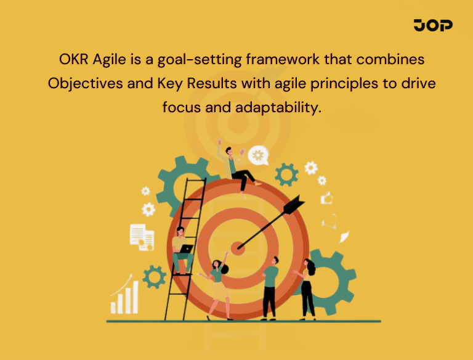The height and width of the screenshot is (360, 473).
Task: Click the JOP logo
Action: pos(433,25)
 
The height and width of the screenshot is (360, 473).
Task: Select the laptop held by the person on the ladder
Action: pos(186,249)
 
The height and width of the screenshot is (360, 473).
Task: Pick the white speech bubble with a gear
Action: pos(259,155)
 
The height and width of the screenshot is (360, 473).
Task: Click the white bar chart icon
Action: pos(124,298)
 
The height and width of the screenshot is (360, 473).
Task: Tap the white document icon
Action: pos(141,237)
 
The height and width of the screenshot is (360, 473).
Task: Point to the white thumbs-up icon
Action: pos(326,198)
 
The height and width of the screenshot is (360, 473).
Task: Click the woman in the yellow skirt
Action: pos(217,284)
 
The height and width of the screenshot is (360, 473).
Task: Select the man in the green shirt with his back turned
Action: pos(270,284)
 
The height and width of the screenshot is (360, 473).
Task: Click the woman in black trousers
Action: pos(307,287)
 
